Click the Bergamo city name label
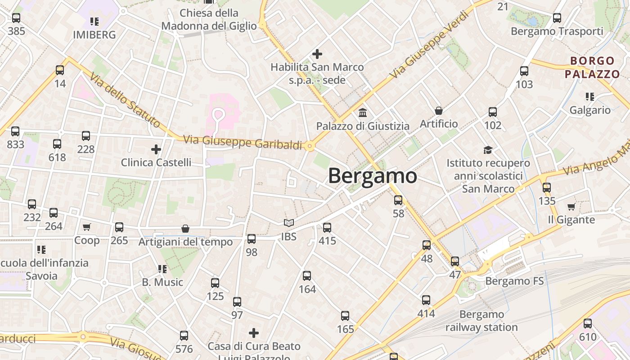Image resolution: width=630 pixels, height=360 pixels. tap(372, 175)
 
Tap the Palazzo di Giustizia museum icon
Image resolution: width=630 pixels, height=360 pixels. tap(363, 112)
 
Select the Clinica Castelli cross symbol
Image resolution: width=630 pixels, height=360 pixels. tap(156, 149)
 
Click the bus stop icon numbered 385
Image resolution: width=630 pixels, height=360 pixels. tap(16, 18)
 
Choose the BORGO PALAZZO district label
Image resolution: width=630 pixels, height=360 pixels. tap(592, 67)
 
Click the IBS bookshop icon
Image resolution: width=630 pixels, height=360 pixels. tap(289, 223)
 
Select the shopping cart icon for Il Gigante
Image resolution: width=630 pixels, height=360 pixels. tap(571, 207)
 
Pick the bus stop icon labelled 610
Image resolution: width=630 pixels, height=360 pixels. tap(588, 324)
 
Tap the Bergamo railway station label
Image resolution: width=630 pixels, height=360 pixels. tap(481, 320)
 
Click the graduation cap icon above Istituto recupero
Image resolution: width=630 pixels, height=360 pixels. tap(488, 150)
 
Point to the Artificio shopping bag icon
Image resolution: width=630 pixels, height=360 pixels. tap(439, 110)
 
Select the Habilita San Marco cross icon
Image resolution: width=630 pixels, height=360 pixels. tap(317, 54)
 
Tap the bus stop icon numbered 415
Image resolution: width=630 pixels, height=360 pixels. tap(327, 228)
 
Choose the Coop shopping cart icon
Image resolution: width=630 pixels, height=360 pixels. tap(87, 227)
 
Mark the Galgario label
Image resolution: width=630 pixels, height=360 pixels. tap(590, 110)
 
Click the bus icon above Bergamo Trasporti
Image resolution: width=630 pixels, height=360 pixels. tap(557, 18)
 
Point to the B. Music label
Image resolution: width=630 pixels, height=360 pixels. tap(162, 282)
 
